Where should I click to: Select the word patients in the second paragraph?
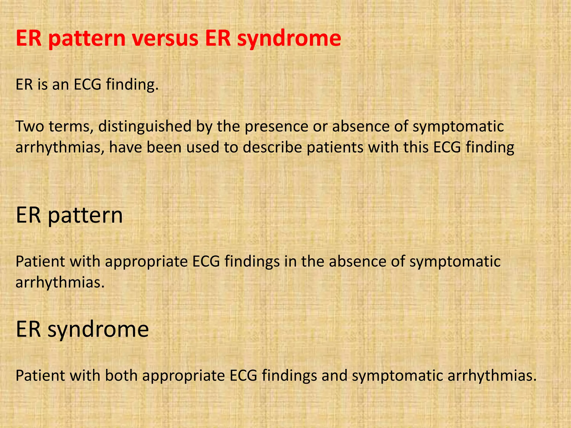click(x=335, y=147)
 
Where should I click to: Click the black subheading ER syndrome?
click(x=82, y=329)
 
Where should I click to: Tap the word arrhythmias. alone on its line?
click(x=60, y=282)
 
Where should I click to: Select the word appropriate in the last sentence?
click(x=183, y=375)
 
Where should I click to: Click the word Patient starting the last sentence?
click(x=40, y=375)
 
